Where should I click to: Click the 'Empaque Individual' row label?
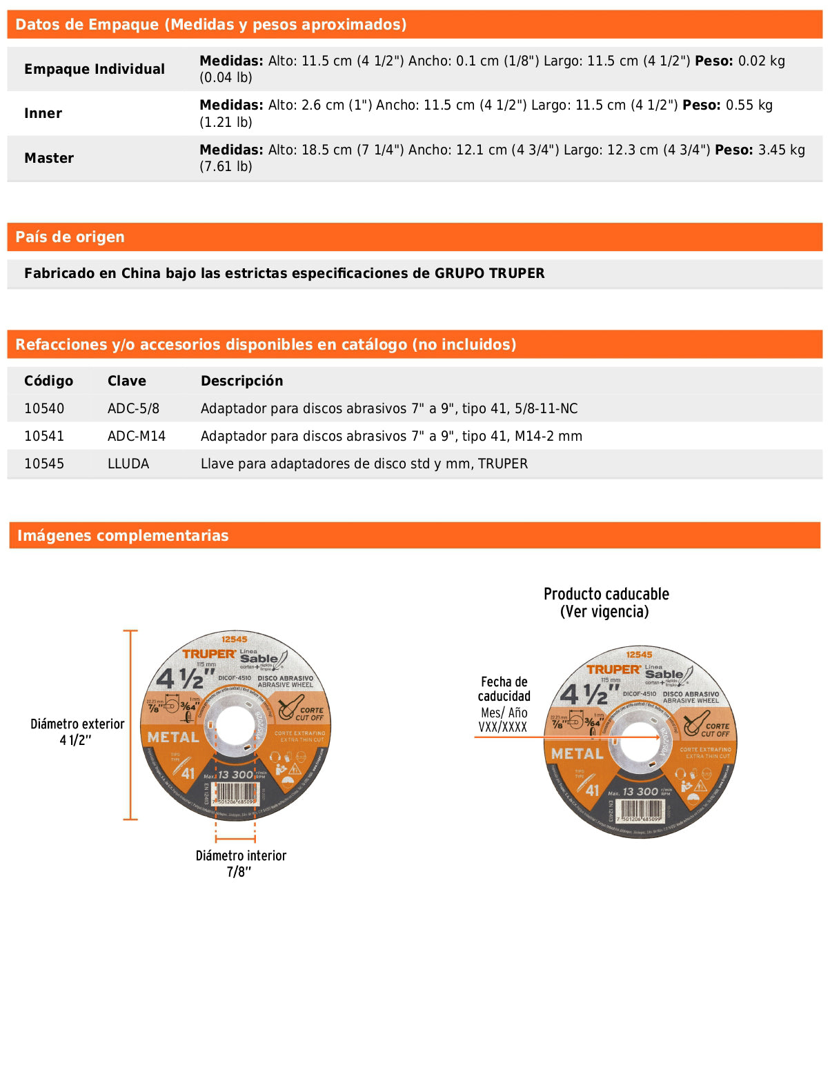(95, 69)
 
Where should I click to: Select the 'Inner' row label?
(43, 113)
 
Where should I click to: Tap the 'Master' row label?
(49, 158)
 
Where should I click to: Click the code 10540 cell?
(44, 408)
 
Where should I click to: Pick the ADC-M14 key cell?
(137, 436)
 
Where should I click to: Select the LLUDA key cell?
(128, 464)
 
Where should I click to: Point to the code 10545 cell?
(44, 464)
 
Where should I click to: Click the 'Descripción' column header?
(241, 381)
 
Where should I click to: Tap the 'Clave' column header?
(127, 381)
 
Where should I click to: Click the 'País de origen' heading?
(70, 237)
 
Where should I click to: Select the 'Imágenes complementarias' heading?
(123, 535)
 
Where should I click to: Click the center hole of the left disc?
(235, 726)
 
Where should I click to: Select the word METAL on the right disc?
(577, 754)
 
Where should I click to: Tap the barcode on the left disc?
(236, 793)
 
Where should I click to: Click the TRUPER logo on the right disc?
(614, 669)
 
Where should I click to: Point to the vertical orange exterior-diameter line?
(130, 724)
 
